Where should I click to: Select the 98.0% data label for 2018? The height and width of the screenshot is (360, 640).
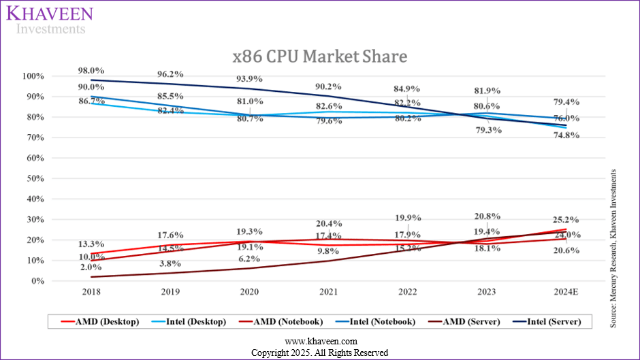point(91,70)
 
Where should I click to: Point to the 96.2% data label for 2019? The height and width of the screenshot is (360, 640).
point(170,74)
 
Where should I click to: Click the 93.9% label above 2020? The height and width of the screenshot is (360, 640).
point(249,79)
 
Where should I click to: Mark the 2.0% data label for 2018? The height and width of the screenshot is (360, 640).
point(91,267)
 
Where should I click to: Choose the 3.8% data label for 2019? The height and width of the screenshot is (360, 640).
point(170,263)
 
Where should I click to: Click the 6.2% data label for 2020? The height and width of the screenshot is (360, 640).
point(249,259)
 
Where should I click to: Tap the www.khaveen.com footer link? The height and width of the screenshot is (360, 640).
point(320,342)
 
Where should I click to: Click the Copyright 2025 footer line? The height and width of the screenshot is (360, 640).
point(320,353)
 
